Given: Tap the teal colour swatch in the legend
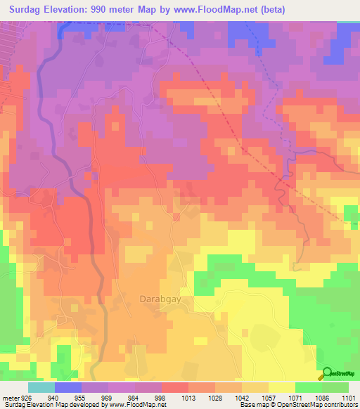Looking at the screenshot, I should (41, 387).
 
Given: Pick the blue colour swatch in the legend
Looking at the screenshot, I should (68, 387).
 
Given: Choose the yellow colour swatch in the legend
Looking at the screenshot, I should (282, 387).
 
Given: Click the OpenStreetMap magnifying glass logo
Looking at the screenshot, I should (328, 373).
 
